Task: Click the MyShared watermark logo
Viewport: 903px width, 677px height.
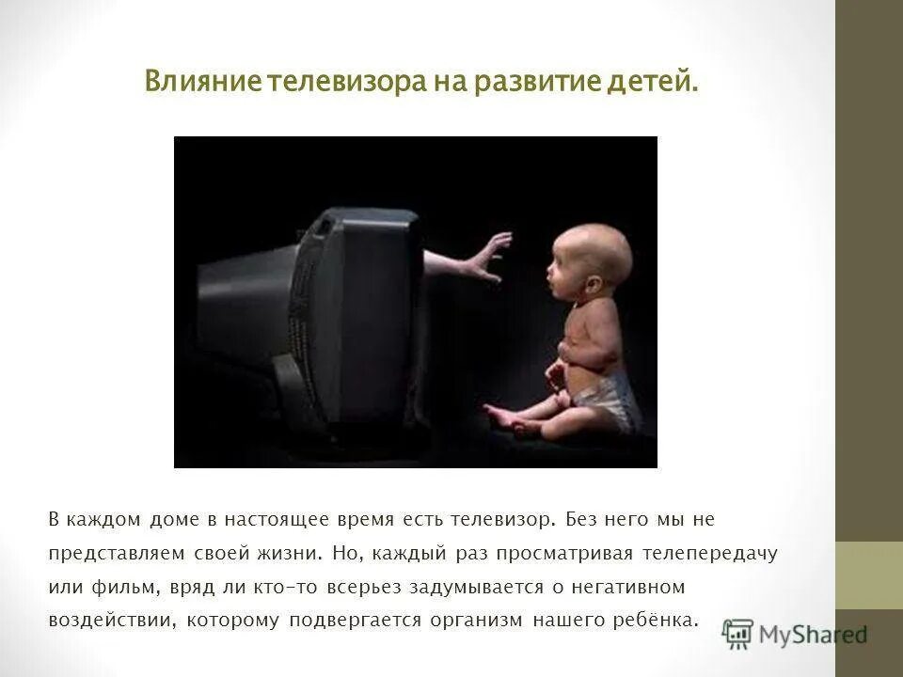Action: coord(795,633)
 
